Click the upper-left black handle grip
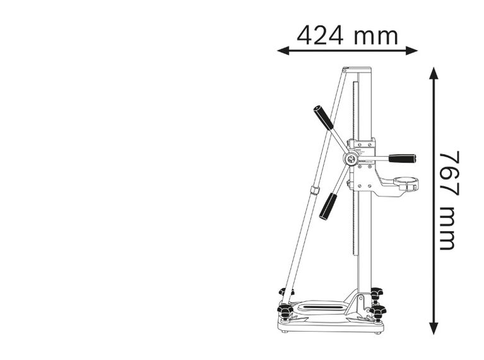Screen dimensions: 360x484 point(322,117)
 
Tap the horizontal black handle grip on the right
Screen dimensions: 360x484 point(401,159)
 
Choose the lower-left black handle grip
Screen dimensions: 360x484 point(328,207)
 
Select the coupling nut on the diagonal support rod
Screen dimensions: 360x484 point(314,190)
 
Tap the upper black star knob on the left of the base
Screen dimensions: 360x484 point(285,292)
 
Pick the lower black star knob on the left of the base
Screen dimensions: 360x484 point(285,311)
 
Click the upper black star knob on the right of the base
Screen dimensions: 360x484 point(377,292)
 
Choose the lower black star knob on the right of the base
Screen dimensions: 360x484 point(378,311)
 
